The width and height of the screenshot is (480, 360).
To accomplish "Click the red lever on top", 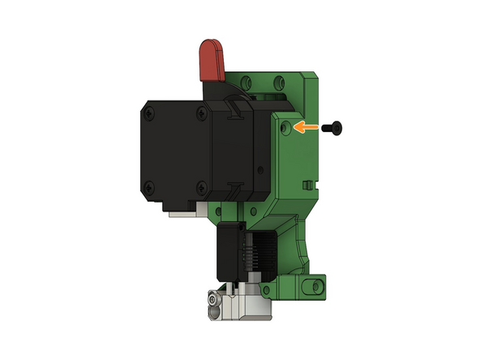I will tap(212, 60).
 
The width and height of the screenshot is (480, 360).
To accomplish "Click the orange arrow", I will tap(306, 127).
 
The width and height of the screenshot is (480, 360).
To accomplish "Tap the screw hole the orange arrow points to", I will tap(283, 128).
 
